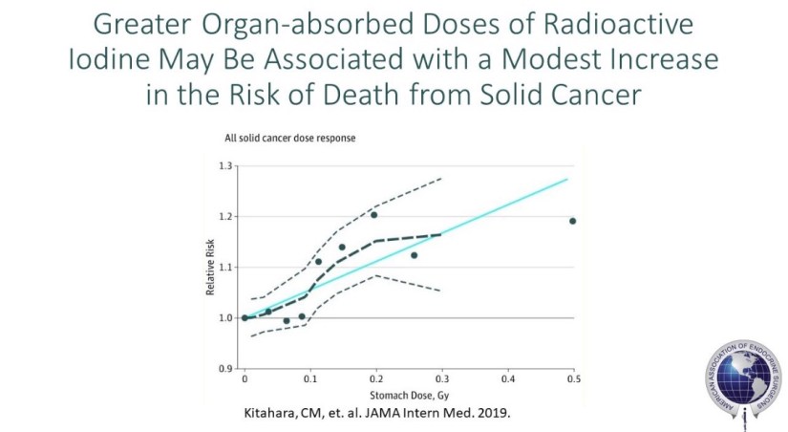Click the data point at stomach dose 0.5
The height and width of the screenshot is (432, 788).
tap(572, 221)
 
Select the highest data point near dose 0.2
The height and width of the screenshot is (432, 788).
tap(373, 215)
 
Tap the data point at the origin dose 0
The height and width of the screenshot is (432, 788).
tap(245, 317)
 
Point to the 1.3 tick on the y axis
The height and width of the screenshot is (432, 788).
tap(226, 166)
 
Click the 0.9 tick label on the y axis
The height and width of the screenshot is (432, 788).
tap(226, 368)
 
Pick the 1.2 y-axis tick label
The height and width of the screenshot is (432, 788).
tap(226, 217)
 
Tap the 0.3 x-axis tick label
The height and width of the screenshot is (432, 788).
tap(441, 379)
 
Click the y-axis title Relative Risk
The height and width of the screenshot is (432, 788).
tap(210, 269)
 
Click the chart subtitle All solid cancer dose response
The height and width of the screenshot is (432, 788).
tap(290, 140)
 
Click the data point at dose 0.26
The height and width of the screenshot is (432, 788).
tap(414, 255)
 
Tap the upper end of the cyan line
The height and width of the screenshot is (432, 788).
tap(567, 179)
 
